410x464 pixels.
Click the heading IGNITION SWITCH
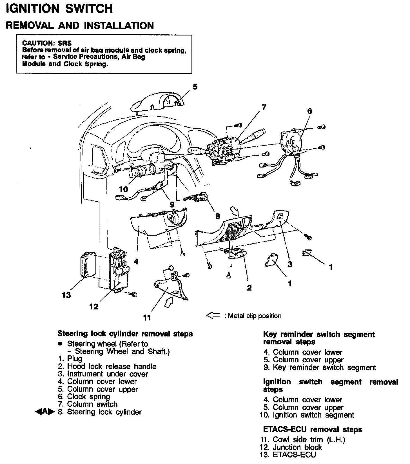pos(59,8)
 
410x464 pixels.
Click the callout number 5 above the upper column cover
pos(195,87)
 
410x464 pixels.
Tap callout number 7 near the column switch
pos(264,107)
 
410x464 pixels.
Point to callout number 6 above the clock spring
pos(309,111)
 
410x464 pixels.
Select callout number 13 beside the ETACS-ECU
pos(66,295)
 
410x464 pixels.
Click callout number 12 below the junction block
pos(94,307)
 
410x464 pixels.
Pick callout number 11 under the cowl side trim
pos(147,318)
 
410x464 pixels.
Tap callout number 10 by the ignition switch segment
pos(123,189)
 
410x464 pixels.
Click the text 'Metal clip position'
pos(255,316)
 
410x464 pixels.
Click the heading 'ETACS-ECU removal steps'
pos(313,429)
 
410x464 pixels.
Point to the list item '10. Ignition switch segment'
pos(307,415)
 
